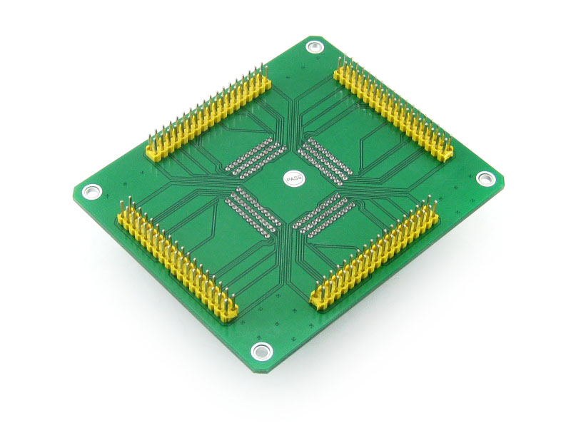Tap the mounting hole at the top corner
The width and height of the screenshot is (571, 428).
(x=315, y=46)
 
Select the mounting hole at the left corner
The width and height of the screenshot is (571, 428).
(x=91, y=191)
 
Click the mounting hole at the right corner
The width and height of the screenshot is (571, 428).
(x=485, y=179)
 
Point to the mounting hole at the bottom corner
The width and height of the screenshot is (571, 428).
(x=261, y=351)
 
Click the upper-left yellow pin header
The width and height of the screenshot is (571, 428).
(x=208, y=113)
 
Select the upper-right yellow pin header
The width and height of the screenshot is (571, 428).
(x=393, y=108)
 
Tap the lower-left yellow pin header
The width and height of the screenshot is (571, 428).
(x=177, y=260)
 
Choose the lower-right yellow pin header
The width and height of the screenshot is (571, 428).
(x=374, y=255)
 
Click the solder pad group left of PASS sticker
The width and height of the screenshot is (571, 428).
(x=255, y=156)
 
